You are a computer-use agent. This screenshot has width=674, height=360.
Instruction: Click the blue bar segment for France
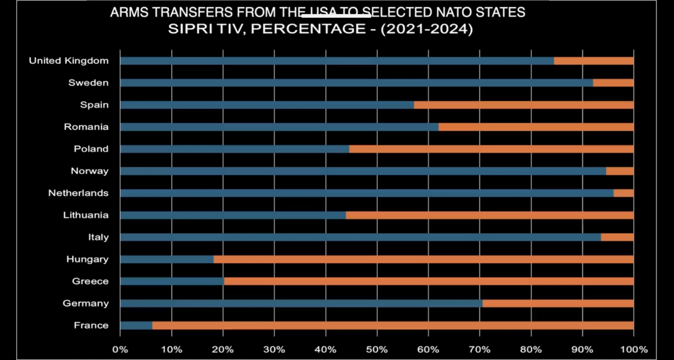point(136,325)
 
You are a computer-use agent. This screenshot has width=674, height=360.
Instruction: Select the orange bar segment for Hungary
point(423,259)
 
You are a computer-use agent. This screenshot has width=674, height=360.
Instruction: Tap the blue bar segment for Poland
point(235,149)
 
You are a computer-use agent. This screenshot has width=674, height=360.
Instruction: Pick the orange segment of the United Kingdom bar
point(593,61)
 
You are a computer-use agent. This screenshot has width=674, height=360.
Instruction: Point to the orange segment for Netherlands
point(623,193)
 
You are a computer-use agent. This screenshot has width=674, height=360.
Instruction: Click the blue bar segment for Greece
point(172,281)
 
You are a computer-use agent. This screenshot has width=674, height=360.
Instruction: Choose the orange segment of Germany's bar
point(558,303)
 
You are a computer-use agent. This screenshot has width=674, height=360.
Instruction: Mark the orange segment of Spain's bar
point(523,105)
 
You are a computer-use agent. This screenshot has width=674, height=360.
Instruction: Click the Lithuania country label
point(86,215)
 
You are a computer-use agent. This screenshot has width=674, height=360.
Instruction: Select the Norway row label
point(89,171)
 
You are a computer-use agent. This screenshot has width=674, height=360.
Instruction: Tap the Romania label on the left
point(86,127)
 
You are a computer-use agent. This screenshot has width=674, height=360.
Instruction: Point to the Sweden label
point(88,83)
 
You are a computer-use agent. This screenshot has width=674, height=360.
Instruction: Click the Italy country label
point(98,237)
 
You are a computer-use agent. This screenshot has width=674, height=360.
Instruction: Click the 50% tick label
point(377,350)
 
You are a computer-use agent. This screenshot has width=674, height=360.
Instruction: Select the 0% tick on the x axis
point(120,350)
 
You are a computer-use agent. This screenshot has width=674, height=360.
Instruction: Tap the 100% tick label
point(634,350)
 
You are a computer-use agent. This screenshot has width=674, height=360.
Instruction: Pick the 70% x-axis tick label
point(480,350)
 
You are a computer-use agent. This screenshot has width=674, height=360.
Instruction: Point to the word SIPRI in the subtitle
point(190,29)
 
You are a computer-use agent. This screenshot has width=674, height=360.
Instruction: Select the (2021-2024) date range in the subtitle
point(427,29)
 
